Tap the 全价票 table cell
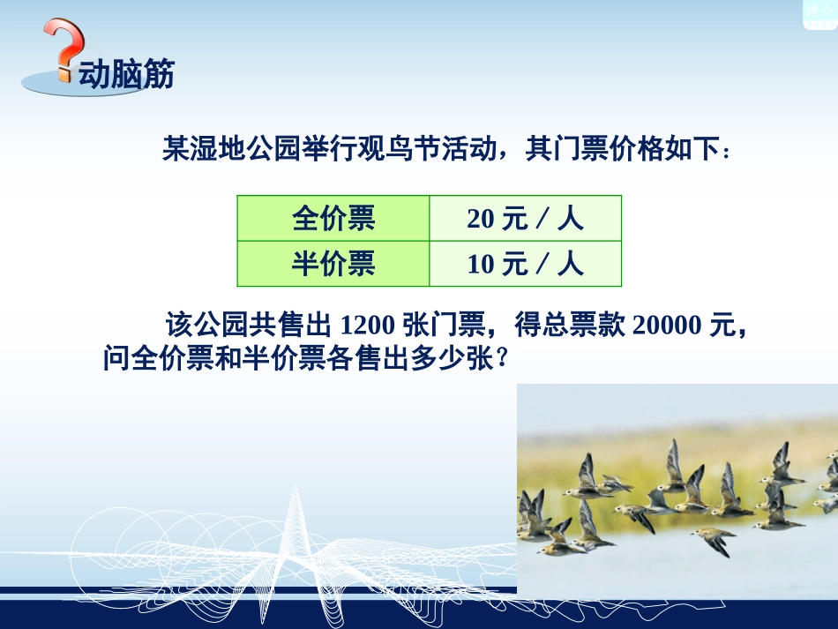point(333,218)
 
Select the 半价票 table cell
point(333,264)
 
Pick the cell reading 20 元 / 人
point(525,218)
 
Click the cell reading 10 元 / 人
point(525,264)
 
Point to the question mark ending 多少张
point(503,359)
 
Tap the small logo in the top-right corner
point(819,12)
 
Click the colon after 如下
point(726,152)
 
